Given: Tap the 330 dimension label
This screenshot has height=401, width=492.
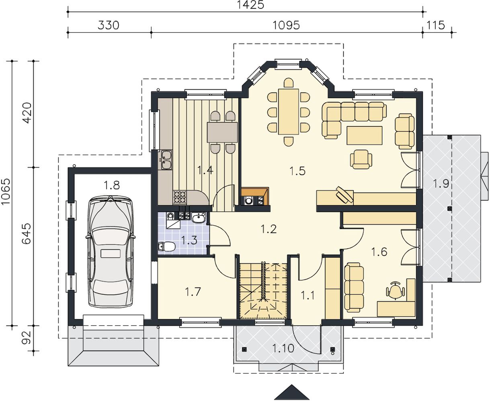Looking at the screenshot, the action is [x=109, y=25].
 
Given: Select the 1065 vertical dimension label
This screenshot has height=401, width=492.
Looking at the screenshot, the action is [x=6, y=191].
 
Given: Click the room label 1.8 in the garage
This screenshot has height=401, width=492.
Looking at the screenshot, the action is [x=112, y=185].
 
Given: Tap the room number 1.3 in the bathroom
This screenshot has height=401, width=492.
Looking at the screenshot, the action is [x=189, y=240].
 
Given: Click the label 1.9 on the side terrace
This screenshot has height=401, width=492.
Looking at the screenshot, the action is [x=441, y=184].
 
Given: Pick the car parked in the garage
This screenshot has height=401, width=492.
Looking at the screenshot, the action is [x=111, y=252].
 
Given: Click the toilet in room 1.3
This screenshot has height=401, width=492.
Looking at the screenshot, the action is [x=167, y=246].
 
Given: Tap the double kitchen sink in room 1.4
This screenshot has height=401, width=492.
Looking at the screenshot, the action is [x=166, y=160].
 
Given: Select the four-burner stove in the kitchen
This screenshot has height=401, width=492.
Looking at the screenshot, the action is [x=180, y=197].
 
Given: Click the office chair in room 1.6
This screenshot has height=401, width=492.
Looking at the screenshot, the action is [x=396, y=289].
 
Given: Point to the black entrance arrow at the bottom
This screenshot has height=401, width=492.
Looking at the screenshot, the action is [x=292, y=392].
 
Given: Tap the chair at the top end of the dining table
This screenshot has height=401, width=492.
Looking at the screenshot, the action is [x=289, y=83].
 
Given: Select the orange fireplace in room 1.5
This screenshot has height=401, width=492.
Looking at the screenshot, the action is [x=255, y=196].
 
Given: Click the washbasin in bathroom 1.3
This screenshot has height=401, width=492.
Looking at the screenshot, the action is [x=198, y=218].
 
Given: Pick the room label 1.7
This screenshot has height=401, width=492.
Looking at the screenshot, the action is [x=193, y=292].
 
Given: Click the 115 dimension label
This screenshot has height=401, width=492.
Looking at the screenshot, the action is [x=435, y=25].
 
